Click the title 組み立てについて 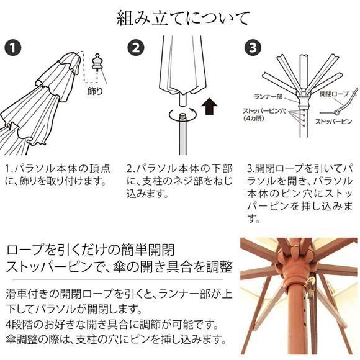click(x=182, y=18)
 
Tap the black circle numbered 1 click(x=13, y=48)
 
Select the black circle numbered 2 click(x=136, y=48)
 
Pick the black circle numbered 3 click(x=253, y=48)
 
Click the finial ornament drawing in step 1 click(x=97, y=61)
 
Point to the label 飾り click(x=95, y=91)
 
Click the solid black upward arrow click(x=209, y=106)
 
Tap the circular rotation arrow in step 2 click(x=182, y=114)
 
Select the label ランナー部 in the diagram click(x=268, y=97)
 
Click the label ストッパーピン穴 click(x=264, y=111)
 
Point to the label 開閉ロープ click(x=335, y=94)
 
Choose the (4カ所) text click(x=254, y=119)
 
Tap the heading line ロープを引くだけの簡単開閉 click(x=90, y=250)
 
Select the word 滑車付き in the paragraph click(x=27, y=294)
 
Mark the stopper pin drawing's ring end click(x=336, y=113)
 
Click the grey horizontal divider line click(x=118, y=280)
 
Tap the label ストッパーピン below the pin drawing click(x=333, y=122)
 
